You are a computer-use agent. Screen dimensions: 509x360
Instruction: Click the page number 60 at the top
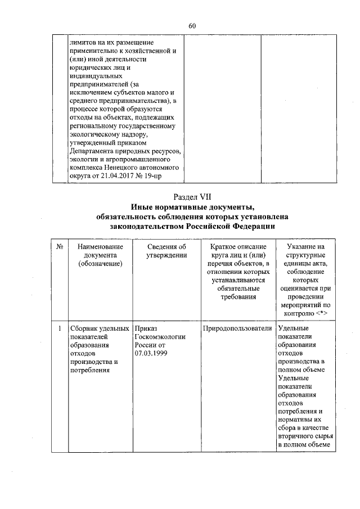[x=191, y=26]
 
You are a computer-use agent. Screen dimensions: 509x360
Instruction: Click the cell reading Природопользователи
[x=239, y=328]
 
